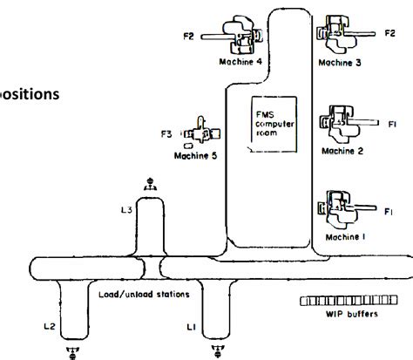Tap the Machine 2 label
coord(342,149)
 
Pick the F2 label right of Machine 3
coord(390,33)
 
